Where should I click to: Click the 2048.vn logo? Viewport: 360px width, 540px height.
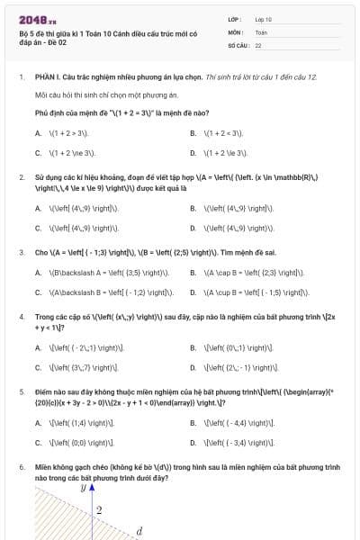38,17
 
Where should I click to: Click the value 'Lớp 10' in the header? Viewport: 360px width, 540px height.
264,18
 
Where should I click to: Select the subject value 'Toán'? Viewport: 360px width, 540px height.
261,31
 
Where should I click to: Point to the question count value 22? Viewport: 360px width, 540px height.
258,44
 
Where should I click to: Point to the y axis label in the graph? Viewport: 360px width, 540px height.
82,487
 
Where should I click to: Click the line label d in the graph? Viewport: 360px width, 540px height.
139,531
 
